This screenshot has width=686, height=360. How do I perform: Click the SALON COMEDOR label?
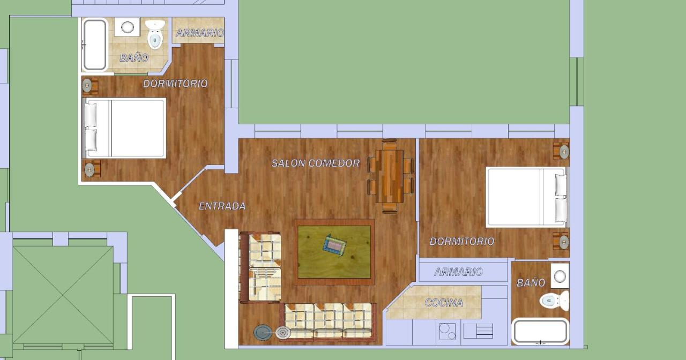tap(316, 163)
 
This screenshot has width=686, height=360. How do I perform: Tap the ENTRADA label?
tap(222, 206)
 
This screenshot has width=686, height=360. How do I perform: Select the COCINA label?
tap(444, 303)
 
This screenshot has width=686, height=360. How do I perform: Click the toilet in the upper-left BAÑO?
tap(155, 34)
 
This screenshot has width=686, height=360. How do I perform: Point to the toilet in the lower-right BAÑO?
tap(554, 301)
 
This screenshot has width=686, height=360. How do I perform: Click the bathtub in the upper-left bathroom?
tap(95, 44)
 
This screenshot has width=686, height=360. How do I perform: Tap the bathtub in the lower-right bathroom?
tap(541, 332)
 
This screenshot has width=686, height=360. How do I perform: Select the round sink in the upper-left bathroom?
tap(128, 27)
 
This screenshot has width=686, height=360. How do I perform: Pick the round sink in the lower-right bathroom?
tap(560, 276)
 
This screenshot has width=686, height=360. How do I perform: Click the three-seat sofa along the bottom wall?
tap(328, 322)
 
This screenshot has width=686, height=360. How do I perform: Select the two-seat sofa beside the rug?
tap(260, 267)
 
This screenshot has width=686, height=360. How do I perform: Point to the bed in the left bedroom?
tap(124, 128)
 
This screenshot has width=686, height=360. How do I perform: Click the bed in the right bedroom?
tap(527, 197)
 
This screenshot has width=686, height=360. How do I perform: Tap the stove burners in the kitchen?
tap(447, 332)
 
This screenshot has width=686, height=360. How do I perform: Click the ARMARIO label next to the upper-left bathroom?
tap(199, 33)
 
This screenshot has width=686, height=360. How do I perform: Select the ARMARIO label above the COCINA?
tap(458, 272)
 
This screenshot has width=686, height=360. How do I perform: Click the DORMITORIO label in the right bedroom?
tap(462, 242)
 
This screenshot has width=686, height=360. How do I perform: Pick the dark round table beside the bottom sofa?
tap(263, 333)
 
